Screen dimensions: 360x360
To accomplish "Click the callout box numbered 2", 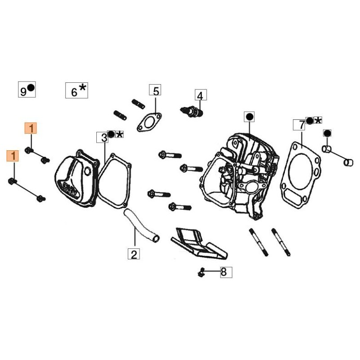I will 133,254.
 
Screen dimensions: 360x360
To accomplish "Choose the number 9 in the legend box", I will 23,91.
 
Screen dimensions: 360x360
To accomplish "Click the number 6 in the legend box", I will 74,91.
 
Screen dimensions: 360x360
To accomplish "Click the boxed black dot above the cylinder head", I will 248,117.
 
